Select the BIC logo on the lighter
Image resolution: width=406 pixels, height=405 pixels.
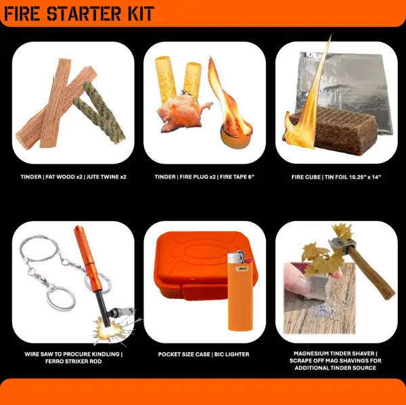pyautogui.click(x=242, y=269)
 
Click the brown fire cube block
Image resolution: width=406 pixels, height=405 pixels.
pyautogui.click(x=334, y=130)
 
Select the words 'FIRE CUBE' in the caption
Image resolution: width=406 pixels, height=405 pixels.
pyautogui.click(x=306, y=177)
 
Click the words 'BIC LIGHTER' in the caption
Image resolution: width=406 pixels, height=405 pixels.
pyautogui.click(x=231, y=354)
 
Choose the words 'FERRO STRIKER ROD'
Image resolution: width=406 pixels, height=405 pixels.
pyautogui.click(x=74, y=361)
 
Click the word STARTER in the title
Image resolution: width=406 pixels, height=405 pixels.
pyautogui.click(x=83, y=14)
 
